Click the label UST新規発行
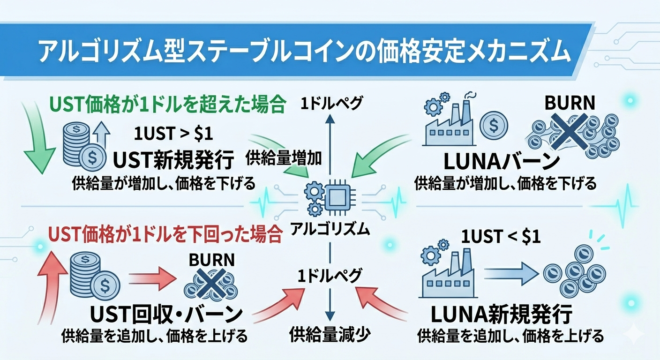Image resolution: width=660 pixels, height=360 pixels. point(173,161)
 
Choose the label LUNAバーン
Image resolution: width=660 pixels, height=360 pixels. point(502,162)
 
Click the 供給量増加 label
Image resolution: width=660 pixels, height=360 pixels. point(284,158)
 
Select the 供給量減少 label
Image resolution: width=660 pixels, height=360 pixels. point(330,334)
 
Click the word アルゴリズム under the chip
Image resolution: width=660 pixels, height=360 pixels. point(330,229)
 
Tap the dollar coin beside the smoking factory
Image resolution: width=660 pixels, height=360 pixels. point(494,124)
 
